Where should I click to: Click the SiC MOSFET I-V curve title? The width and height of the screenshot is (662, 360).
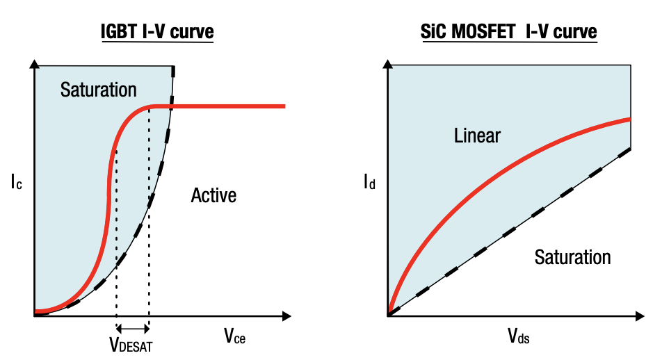pos(509,32)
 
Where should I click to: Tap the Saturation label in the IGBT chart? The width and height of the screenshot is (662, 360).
pos(98,90)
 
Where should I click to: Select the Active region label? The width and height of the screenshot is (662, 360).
pos(213,195)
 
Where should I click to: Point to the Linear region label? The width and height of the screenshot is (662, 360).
pos(477,136)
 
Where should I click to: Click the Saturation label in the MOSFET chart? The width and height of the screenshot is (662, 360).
pos(572,257)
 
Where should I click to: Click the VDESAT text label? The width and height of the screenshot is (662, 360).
pos(131,343)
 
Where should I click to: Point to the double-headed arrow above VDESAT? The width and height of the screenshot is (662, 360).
pos(132,328)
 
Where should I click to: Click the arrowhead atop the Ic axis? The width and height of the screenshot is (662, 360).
pos(33,66)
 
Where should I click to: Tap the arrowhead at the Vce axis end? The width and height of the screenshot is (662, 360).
pos(286,316)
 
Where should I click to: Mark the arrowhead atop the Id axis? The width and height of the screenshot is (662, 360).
pos(387,66)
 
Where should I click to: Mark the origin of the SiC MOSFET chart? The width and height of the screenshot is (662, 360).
pos(387,316)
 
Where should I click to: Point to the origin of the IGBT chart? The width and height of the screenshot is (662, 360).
pos(33,316)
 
